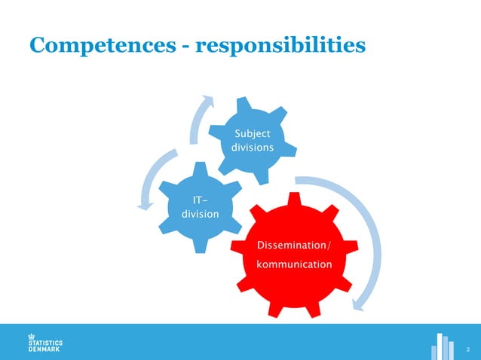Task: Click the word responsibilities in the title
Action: point(280,46)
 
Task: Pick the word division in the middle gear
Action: point(201,214)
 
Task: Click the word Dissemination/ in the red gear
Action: point(293,246)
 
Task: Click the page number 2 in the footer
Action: point(468,349)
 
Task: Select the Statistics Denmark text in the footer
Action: point(45,346)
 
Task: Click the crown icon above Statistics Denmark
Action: point(32,336)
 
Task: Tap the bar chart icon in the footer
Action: point(443,346)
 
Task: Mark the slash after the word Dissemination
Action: point(327,246)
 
